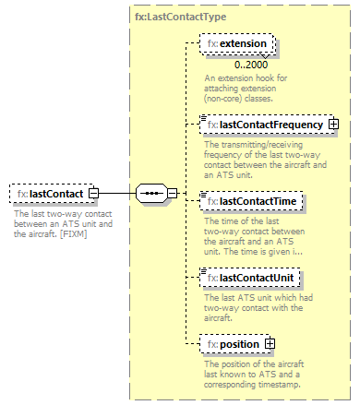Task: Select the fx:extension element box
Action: pos(237,44)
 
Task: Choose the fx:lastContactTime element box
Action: pos(244,201)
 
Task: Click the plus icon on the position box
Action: pos(270,344)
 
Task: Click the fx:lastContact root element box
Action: pos(54,194)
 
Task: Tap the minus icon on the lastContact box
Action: pos(94,194)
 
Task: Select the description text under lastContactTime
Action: pos(243,234)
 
